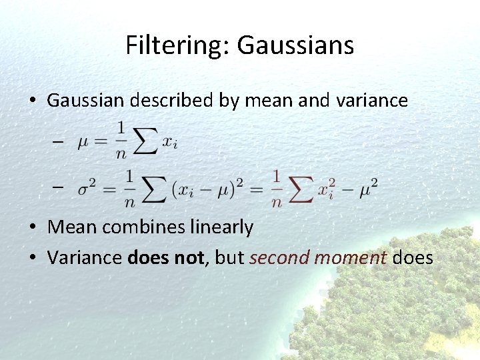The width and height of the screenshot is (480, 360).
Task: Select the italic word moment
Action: (x=350, y=257)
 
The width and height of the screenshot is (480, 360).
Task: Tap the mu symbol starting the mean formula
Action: (x=83, y=143)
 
